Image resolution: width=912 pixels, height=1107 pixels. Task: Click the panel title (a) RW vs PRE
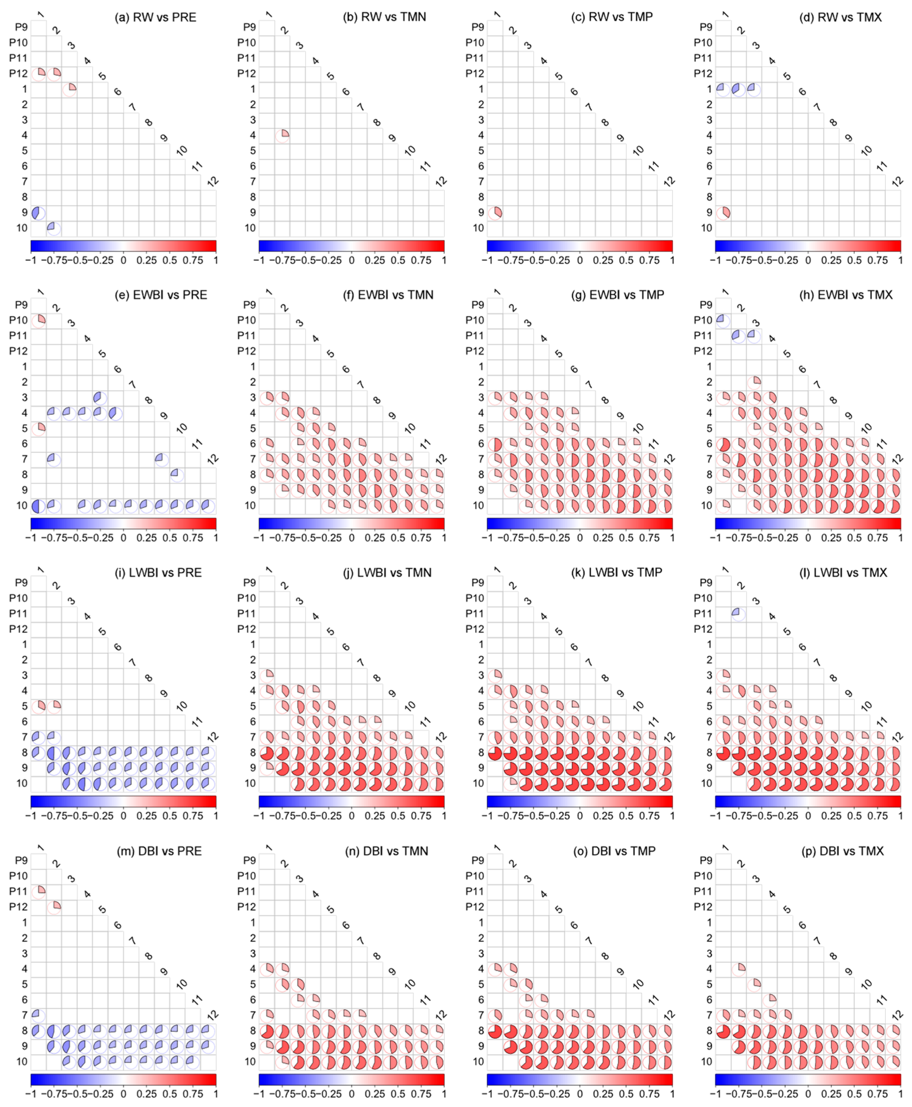coord(156,17)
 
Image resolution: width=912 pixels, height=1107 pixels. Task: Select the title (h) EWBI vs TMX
coord(846,295)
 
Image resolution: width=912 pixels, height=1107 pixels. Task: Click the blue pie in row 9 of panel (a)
coord(38,213)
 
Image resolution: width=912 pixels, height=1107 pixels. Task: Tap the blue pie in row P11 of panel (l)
coord(739,614)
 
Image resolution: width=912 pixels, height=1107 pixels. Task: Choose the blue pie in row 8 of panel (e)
coord(177,475)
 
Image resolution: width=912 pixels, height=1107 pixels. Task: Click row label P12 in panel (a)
coord(18,74)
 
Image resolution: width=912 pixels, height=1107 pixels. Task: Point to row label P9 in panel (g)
coord(477,305)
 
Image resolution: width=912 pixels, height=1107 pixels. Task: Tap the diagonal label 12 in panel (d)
coord(897,181)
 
